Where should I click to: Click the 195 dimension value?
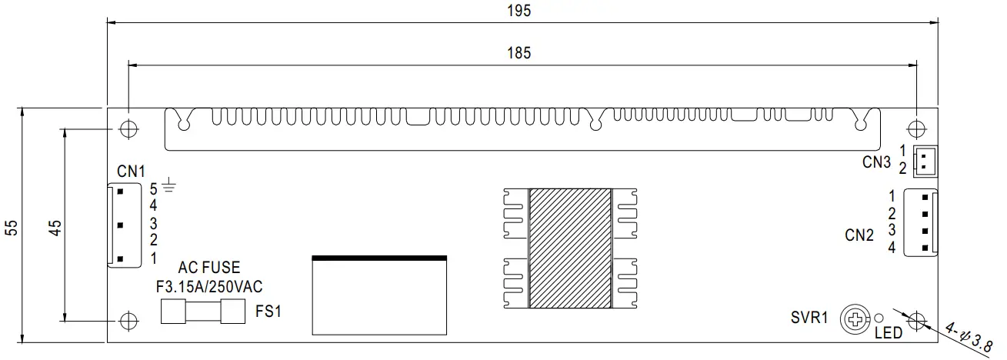[520, 11]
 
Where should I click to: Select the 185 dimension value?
[519, 53]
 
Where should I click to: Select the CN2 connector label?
[859, 235]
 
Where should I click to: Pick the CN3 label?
[876, 162]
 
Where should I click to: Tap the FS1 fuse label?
[268, 312]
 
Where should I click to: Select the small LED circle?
[879, 317]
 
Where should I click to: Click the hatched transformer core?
[571, 247]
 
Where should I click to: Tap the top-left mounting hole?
[128, 128]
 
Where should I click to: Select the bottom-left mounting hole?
[128, 319]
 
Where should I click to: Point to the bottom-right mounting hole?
[917, 319]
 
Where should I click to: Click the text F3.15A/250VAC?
[209, 287]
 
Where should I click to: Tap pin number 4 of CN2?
[892, 248]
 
